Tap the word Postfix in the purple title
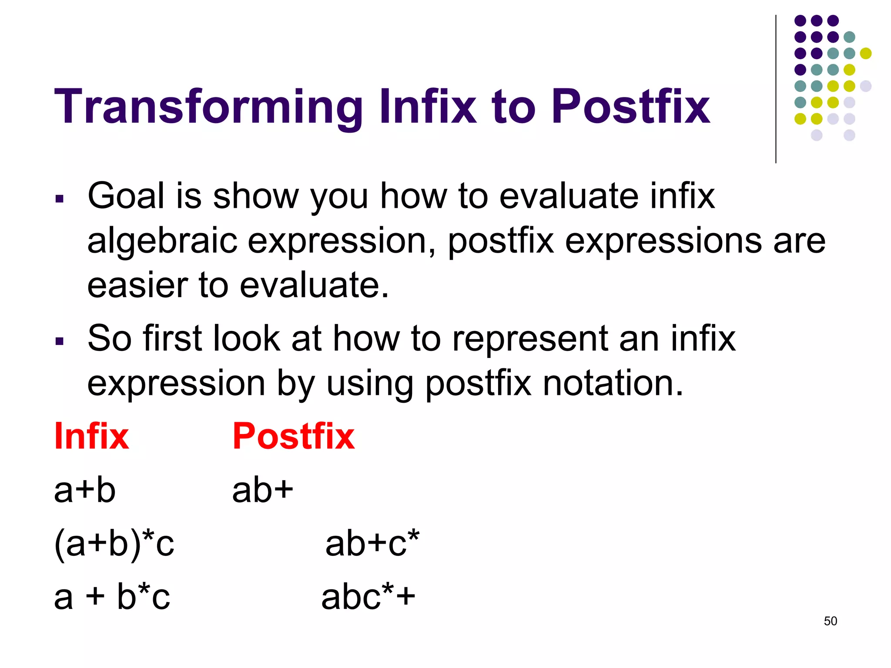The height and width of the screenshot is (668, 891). [631, 107]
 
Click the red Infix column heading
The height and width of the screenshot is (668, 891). [91, 436]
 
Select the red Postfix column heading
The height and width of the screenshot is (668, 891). [293, 436]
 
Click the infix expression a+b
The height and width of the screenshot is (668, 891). [85, 490]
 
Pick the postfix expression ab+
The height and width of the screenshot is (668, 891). [263, 490]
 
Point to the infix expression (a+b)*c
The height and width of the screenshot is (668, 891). [114, 544]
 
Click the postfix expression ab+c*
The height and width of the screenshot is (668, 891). [372, 544]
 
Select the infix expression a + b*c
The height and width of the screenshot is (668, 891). [112, 597]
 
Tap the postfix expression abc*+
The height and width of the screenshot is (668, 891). [368, 597]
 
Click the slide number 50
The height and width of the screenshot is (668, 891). [830, 621]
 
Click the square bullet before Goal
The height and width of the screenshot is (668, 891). [60, 199]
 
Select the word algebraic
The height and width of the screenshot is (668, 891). [162, 241]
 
